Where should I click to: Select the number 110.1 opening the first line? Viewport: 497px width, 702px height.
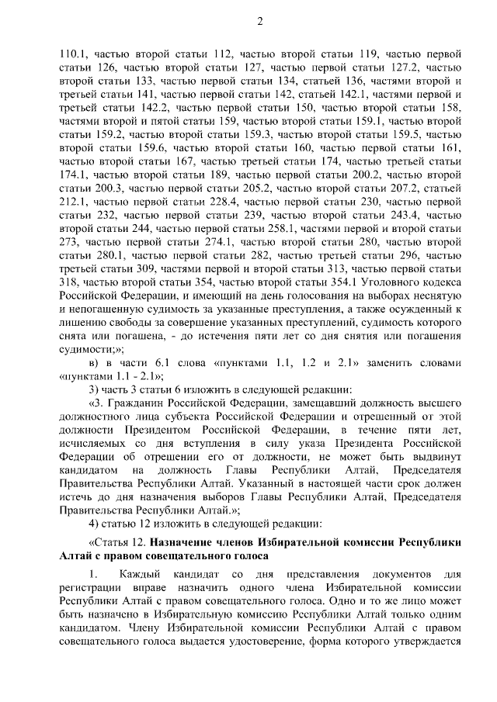[74, 54]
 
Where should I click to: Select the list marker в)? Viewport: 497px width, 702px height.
[94, 362]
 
